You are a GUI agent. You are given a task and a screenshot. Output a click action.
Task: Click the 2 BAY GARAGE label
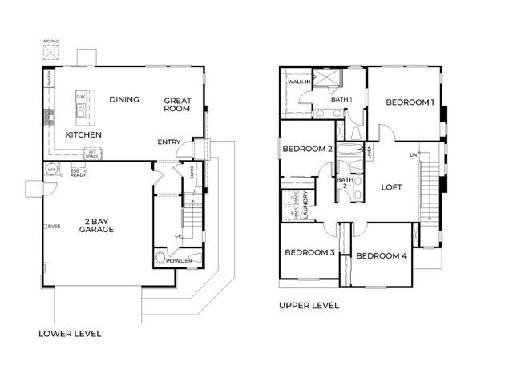(95, 224)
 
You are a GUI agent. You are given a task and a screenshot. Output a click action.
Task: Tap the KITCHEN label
(83, 135)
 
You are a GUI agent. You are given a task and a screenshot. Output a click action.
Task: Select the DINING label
(124, 99)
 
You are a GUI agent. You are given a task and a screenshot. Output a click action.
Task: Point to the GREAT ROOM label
(177, 105)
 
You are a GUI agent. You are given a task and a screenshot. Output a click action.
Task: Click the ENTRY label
(169, 142)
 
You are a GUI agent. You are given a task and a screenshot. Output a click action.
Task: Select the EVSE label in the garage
(54, 227)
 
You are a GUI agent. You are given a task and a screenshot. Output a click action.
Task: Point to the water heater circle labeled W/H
(51, 170)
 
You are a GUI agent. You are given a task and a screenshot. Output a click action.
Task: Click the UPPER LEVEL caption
(309, 305)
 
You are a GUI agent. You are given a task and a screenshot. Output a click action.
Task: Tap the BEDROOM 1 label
(410, 102)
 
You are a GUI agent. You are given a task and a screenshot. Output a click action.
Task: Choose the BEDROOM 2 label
(306, 149)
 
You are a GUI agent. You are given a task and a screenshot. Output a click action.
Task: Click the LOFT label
(390, 187)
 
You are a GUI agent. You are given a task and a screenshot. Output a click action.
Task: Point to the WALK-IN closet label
(300, 82)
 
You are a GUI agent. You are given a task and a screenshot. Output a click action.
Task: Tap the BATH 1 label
(342, 99)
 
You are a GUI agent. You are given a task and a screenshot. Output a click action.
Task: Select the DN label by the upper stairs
(413, 154)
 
